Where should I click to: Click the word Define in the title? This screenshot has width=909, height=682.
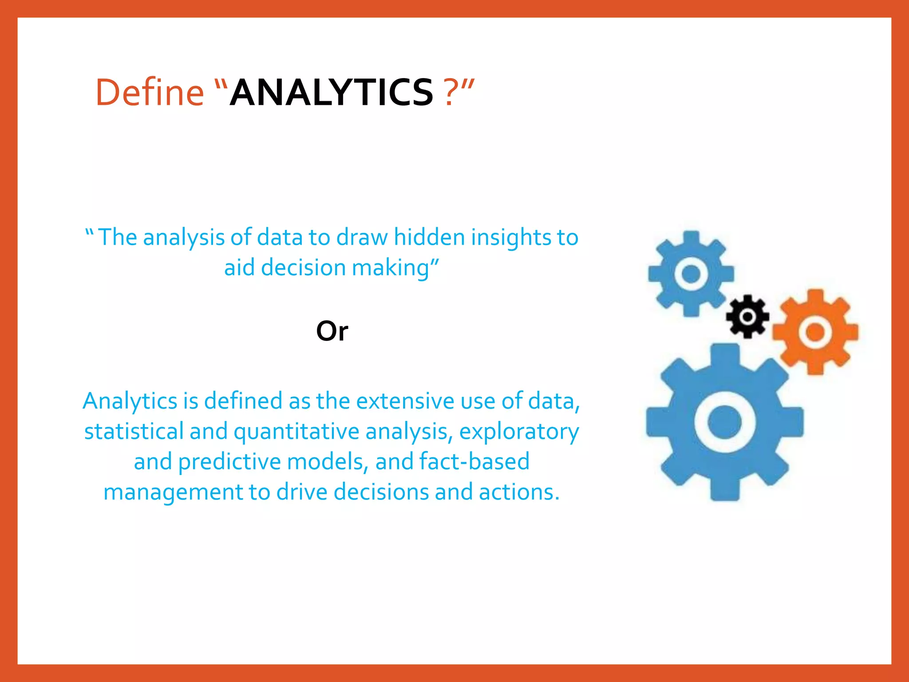pos(150,92)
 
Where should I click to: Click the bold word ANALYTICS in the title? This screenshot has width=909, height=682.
pos(331,92)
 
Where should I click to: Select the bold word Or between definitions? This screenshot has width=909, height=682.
pos(332,331)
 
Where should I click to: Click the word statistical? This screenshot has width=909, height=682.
pos(134,431)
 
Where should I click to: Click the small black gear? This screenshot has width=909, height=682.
pos(747,317)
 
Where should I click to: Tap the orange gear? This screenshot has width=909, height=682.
pos(815,332)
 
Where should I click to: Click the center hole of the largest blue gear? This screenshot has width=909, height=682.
pos(724,422)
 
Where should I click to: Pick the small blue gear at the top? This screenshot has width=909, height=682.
pos(691,274)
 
